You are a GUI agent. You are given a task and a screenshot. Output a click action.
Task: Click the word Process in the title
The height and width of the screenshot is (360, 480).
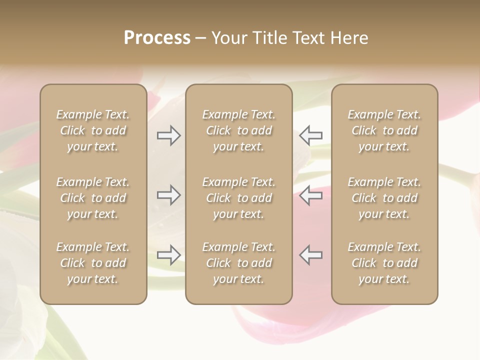[157, 38]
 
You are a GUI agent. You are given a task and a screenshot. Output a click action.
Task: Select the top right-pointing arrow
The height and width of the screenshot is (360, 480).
[168, 135]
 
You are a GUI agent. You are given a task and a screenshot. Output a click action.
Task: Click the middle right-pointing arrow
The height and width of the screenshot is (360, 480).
[168, 195]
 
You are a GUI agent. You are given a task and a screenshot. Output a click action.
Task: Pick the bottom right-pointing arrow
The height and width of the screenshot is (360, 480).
[168, 255]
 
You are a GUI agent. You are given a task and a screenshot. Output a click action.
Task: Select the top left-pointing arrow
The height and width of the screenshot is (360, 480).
[311, 135]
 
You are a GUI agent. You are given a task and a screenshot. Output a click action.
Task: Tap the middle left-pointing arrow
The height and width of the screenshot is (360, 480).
[311, 195]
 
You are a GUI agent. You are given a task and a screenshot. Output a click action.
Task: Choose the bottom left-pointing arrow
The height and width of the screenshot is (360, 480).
[311, 255]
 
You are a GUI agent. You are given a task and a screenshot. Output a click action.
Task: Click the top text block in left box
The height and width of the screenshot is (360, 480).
[93, 130]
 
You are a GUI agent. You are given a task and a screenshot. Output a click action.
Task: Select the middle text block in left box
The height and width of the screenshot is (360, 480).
[93, 198]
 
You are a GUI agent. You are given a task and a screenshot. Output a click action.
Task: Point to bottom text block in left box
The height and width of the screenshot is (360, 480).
[93, 263]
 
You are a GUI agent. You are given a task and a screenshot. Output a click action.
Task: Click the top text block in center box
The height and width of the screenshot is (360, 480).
[238, 130]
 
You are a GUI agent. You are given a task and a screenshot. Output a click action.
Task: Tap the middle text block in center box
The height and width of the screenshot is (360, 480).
[238, 198]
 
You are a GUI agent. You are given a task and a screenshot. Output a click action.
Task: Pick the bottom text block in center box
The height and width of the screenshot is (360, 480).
[238, 263]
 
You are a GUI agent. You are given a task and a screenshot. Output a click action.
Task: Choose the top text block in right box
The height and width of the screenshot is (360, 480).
[384, 130]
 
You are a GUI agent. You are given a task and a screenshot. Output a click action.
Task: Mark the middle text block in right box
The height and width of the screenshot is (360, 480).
[384, 198]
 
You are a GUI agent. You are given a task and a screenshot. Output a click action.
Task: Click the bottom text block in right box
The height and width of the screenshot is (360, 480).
[384, 263]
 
